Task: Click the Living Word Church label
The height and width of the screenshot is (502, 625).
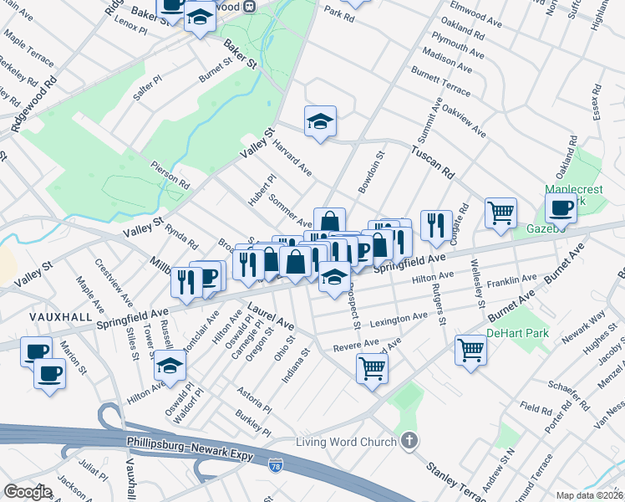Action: point(348,441)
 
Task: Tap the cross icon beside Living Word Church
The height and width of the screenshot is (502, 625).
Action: point(409,440)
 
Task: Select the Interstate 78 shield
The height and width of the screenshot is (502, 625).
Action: point(276,464)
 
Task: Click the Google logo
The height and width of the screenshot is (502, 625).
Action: point(27,492)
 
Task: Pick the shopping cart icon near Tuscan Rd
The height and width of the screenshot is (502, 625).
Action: point(501,213)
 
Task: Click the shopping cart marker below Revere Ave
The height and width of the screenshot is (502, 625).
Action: point(372,367)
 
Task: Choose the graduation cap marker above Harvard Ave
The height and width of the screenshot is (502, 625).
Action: point(320,121)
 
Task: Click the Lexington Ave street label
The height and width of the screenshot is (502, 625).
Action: point(398,319)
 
